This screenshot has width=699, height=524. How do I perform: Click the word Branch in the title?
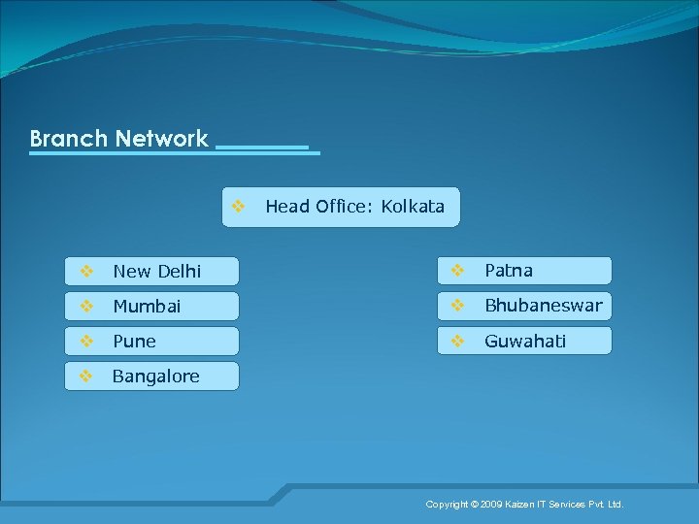tap(68, 139)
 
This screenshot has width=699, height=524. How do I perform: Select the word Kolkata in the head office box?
tap(413, 206)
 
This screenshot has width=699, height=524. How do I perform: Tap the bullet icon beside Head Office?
tap(238, 206)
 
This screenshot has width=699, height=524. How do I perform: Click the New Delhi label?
tap(156, 271)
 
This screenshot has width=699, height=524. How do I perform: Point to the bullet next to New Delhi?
tap(85, 271)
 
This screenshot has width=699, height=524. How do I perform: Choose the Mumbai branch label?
tap(147, 306)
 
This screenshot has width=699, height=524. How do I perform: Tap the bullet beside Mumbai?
tap(85, 306)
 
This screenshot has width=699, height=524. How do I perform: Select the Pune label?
tap(134, 341)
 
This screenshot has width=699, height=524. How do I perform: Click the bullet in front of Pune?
tap(85, 341)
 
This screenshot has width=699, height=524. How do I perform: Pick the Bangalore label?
tap(155, 376)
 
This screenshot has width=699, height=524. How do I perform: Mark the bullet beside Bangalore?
tap(85, 376)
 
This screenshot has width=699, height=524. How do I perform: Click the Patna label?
tap(509, 270)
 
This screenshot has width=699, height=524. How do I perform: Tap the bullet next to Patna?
tap(457, 270)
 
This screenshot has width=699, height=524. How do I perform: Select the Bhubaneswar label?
tap(543, 306)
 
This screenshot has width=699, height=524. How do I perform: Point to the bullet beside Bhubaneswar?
tap(457, 306)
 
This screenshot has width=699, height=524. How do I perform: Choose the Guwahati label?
tap(525, 341)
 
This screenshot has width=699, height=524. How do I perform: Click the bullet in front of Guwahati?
tap(457, 341)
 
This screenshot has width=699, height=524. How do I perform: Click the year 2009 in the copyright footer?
tap(491, 505)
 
